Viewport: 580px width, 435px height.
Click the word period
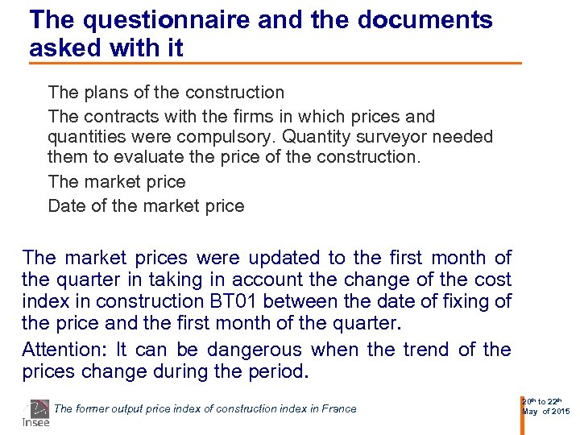point(279,372)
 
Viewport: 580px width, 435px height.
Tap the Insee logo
point(35,414)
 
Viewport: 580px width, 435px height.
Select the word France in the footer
point(338,408)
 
